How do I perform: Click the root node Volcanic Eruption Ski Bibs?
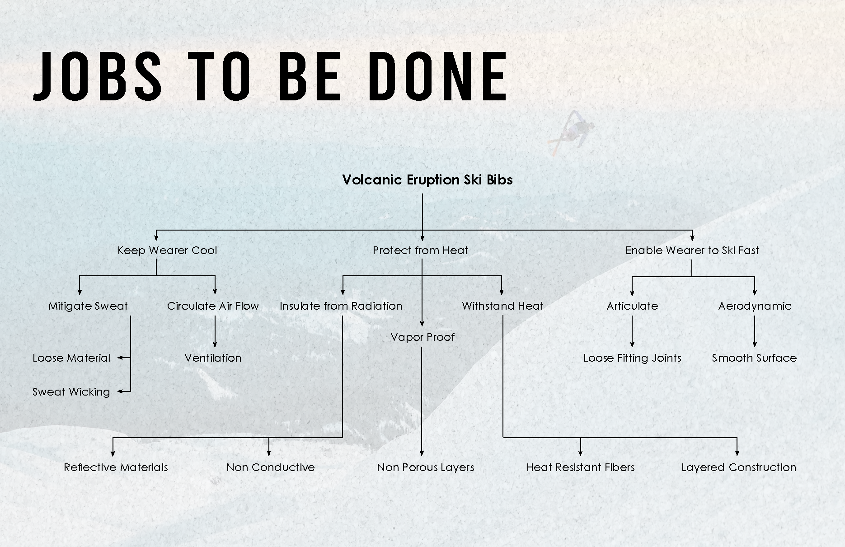tap(427, 180)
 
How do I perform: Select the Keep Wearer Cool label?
tap(167, 250)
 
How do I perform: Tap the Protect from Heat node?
tap(420, 250)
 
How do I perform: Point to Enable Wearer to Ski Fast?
tap(692, 250)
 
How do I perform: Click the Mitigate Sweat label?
tap(88, 306)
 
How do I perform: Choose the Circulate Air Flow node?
tap(213, 306)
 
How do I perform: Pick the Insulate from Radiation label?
tap(341, 306)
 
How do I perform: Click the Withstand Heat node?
tap(502, 306)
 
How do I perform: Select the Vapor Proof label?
tap(422, 337)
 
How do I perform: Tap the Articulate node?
tap(632, 306)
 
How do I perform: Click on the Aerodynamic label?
tap(755, 306)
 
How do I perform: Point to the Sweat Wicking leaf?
tap(71, 392)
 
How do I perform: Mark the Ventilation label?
tap(213, 358)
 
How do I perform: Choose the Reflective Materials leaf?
tap(116, 467)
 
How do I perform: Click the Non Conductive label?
tap(270, 467)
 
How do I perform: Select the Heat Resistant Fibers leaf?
tap(580, 467)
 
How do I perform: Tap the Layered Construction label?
tap(739, 467)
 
